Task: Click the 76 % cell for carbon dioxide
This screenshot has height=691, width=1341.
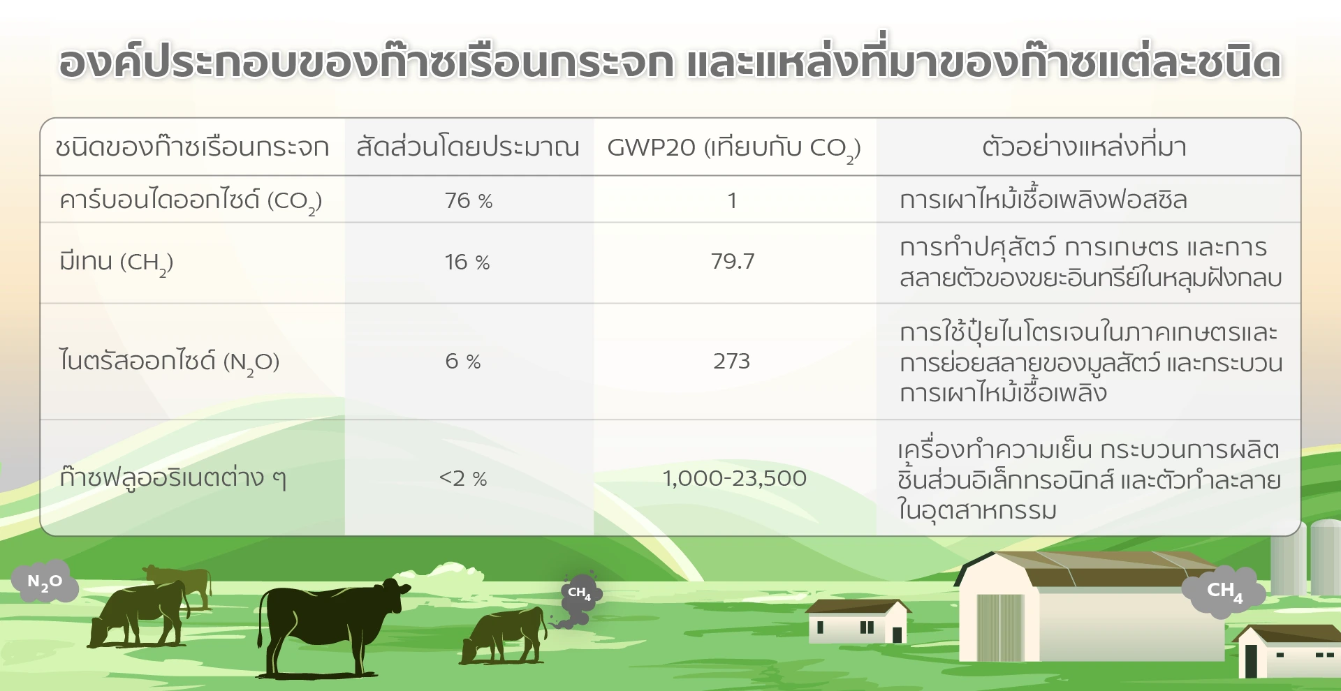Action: [469, 201]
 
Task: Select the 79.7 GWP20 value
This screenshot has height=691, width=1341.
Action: [733, 261]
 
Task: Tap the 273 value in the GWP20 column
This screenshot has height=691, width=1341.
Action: [731, 361]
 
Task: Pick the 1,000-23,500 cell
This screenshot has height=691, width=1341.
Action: [734, 478]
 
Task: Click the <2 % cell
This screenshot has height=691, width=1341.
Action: [463, 478]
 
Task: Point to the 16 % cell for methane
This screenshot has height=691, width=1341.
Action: [467, 262]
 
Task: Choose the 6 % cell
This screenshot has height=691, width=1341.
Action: [463, 361]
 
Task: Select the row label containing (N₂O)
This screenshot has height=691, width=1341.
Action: [169, 362]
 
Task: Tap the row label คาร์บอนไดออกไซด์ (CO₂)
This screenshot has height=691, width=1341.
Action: [191, 201]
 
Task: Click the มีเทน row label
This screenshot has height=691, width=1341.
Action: [116, 262]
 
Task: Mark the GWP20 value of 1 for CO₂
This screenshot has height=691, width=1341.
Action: [732, 201]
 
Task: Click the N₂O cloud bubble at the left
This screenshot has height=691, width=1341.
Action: [44, 581]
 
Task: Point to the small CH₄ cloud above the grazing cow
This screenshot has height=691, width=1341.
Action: [580, 594]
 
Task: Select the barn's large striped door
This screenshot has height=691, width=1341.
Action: [1001, 627]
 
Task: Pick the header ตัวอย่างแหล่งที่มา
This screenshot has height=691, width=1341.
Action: [1084, 147]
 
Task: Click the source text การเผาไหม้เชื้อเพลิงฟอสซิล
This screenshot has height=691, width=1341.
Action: [1043, 200]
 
